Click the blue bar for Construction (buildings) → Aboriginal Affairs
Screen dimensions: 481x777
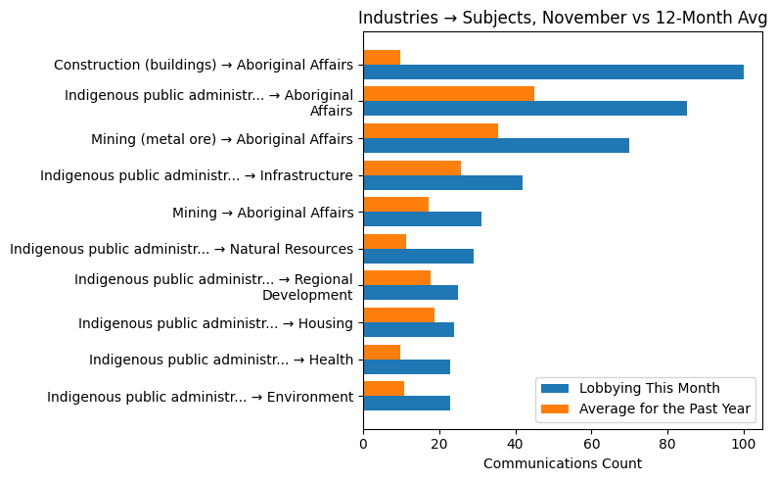(553, 72)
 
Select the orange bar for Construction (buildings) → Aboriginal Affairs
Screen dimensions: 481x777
(382, 57)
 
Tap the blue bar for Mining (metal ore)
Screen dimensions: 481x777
(496, 145)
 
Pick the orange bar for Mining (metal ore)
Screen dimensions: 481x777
(431, 130)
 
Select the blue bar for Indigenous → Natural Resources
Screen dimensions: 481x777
(418, 256)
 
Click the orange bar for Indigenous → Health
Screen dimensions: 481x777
(382, 352)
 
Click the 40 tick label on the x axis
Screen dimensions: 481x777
(516, 443)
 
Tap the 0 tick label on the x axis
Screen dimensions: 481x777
(363, 443)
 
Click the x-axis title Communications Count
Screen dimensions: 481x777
(563, 463)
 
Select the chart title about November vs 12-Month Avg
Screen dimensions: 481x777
(563, 18)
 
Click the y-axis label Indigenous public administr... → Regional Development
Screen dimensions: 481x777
(213, 287)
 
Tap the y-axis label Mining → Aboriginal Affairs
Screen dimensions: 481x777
(262, 213)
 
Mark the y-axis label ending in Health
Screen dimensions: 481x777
(220, 360)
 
